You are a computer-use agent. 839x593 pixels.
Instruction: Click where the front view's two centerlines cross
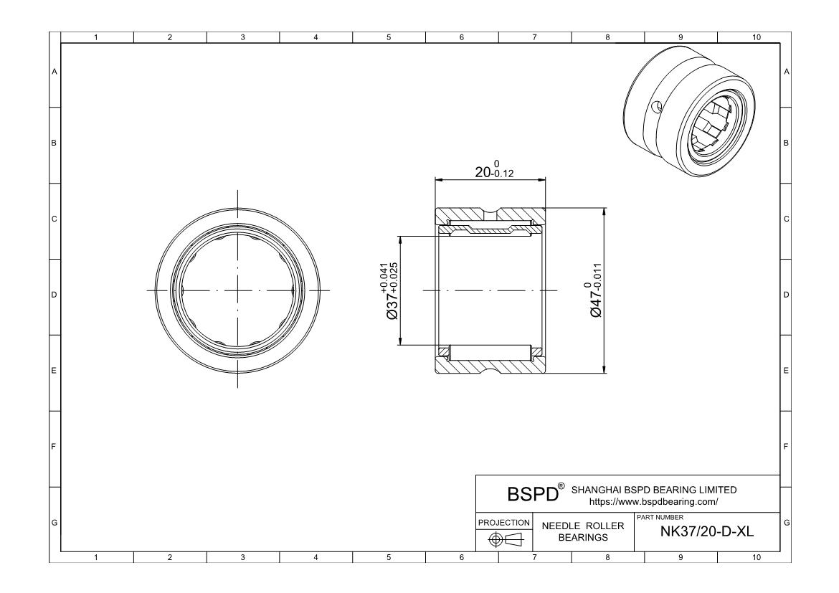tap(238, 290)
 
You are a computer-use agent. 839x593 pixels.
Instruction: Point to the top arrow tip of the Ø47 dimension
tap(605, 208)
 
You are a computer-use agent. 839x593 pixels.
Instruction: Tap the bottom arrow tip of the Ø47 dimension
tap(605, 373)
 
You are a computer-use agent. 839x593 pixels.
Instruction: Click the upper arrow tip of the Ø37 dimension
tap(399, 236)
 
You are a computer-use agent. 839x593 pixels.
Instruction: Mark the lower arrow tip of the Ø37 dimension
tap(399, 345)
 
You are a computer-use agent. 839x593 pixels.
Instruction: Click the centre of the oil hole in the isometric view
tap(657, 107)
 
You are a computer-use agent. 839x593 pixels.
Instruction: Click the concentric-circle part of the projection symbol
tap(496, 539)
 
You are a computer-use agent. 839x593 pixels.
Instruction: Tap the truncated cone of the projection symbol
tap(516, 539)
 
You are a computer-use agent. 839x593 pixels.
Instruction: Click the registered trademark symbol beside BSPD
tap(561, 486)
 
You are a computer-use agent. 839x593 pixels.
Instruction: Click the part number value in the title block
tap(707, 531)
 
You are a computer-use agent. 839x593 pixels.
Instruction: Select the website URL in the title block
tap(653, 502)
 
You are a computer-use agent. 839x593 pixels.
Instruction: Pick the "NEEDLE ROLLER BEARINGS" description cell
tap(583, 531)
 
